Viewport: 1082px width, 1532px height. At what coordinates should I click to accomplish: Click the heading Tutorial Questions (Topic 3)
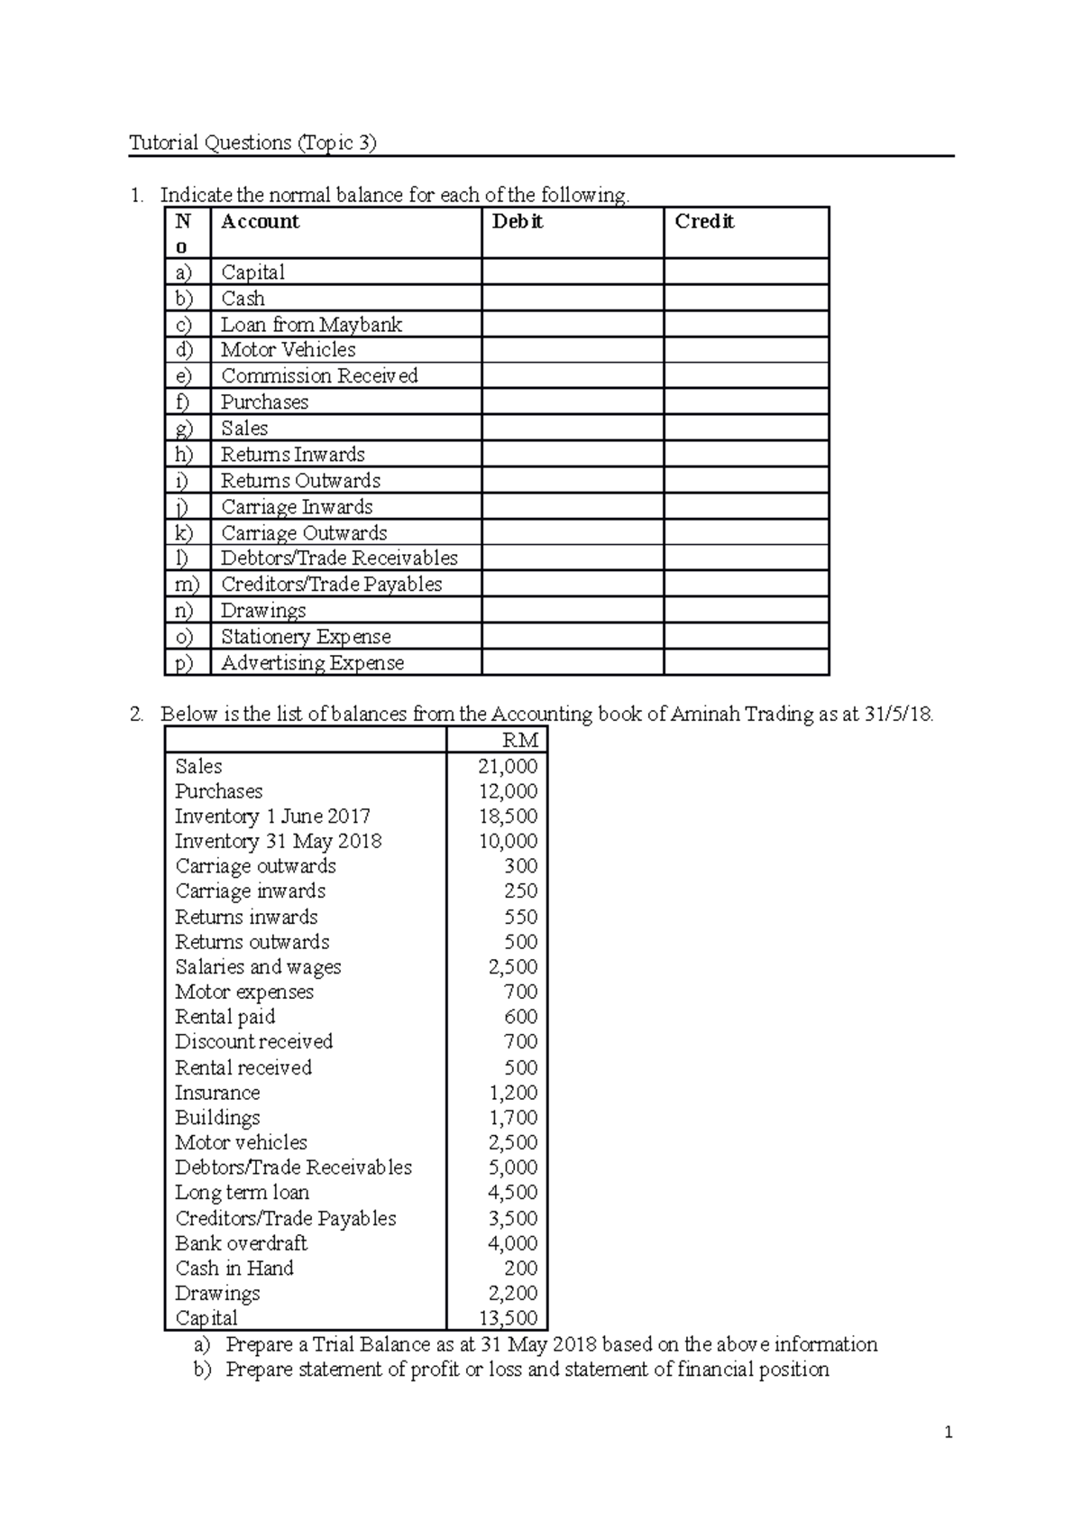[x=252, y=143]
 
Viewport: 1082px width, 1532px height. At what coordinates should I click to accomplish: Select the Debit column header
[x=517, y=222]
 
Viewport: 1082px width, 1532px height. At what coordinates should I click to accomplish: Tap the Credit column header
[x=704, y=222]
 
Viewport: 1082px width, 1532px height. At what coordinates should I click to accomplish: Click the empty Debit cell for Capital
[x=573, y=272]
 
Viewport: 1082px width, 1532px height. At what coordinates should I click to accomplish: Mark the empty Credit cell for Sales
[x=746, y=429]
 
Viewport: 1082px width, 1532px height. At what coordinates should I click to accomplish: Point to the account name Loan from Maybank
[x=311, y=325]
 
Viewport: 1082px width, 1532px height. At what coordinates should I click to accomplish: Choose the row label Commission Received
[x=319, y=376]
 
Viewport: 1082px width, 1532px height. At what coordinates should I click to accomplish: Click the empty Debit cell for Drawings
[x=573, y=611]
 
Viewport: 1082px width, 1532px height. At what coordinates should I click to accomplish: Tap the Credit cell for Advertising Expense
[x=746, y=663]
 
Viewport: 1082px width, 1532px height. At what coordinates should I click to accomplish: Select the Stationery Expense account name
[x=306, y=637]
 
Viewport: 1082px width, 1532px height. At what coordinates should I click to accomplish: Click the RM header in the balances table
[x=520, y=741]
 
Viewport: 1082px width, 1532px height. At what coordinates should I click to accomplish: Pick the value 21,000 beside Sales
[x=508, y=766]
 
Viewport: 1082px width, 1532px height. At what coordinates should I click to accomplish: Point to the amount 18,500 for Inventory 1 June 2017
[x=508, y=817]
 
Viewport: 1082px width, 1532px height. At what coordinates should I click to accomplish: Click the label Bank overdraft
[x=241, y=1243]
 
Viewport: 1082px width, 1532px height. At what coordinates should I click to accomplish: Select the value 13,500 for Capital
[x=508, y=1318]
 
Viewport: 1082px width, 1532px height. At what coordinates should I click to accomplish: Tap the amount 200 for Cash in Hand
[x=520, y=1269]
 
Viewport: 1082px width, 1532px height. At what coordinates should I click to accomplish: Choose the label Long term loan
[x=242, y=1193]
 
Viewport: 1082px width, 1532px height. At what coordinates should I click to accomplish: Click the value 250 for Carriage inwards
[x=520, y=891]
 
